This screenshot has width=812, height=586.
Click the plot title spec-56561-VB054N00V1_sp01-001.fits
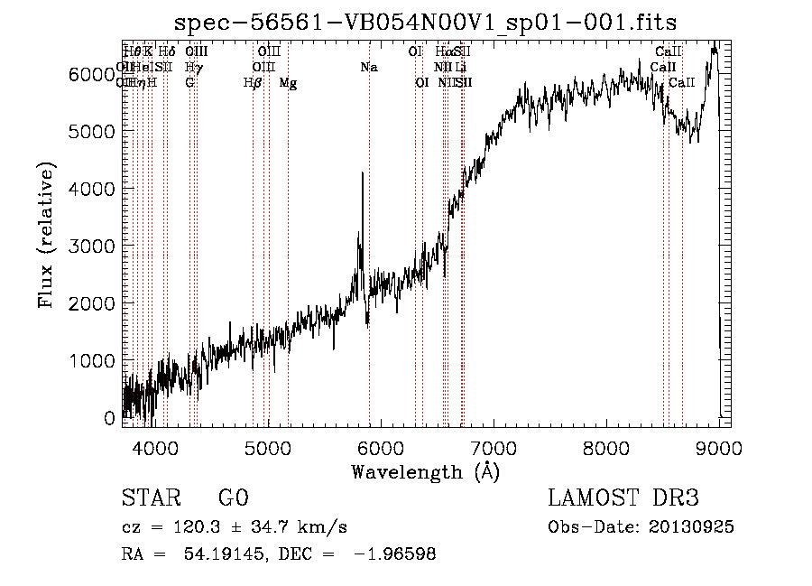pos(425,21)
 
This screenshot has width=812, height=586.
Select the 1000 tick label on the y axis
pos(90,360)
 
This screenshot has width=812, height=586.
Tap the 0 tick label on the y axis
pos(110,418)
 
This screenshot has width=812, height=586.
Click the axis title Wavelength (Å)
pos(425,471)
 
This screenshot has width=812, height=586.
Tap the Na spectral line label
pos(368,67)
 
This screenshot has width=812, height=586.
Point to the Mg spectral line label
pos(288,83)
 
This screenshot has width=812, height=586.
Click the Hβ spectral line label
pos(253,83)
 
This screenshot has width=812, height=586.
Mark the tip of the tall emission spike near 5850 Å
pos(363,173)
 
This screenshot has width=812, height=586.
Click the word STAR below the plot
pos(151,498)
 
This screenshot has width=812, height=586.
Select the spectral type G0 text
pos(233,498)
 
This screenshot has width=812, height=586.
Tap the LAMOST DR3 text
pos(623,498)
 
